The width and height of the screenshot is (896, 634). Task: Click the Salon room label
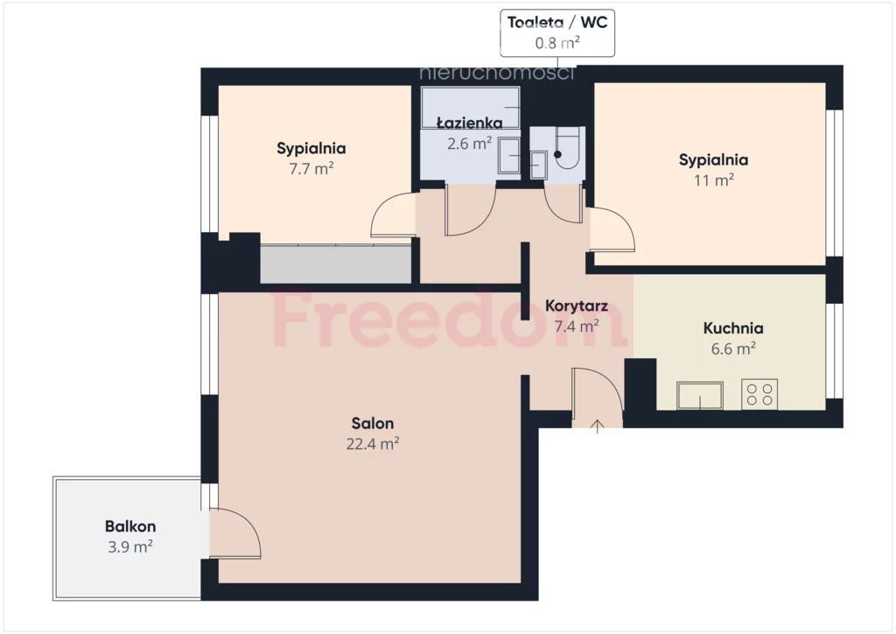pos(373,423)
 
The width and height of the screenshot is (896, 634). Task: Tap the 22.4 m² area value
pos(373,444)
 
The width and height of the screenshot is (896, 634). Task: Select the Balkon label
pos(130,526)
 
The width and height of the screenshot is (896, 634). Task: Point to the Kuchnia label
pos(733,328)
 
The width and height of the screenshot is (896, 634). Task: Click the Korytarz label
pos(577,306)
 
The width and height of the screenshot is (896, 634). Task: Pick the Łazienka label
pos(470,123)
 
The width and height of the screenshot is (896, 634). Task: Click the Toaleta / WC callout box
pos(557,32)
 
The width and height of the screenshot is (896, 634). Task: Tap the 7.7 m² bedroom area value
pos(311,169)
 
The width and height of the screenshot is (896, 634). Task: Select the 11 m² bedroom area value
pos(714,180)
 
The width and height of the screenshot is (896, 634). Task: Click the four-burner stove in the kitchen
pos(759,394)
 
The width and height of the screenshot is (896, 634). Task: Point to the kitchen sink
pos(700,396)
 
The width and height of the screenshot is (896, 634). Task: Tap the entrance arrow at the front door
pos(597,426)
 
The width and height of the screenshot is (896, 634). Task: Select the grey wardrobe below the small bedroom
pos(336,264)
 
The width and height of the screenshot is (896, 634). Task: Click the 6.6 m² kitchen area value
pos(734,349)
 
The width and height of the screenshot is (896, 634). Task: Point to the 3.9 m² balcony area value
pos(130,546)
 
